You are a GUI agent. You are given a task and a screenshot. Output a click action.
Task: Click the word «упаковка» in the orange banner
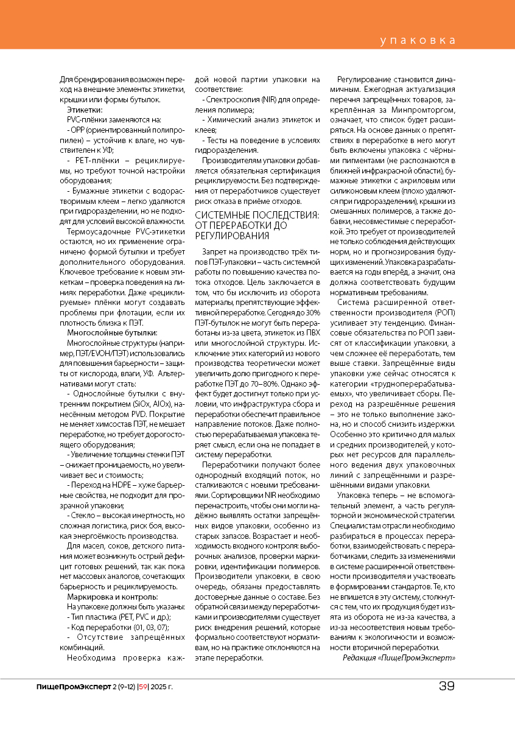[418, 41]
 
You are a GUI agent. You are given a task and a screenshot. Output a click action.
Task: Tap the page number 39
[447, 687]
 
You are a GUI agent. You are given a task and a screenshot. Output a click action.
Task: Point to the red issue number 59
[144, 687]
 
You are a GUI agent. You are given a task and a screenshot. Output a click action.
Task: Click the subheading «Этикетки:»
[85, 110]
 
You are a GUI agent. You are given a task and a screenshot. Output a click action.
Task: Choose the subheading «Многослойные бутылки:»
[112, 332]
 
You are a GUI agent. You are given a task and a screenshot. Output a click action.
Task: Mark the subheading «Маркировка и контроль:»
[113, 597]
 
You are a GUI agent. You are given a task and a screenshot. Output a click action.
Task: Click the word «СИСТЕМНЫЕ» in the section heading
[222, 216]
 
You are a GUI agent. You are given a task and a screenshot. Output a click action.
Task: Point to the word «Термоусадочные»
[99, 232]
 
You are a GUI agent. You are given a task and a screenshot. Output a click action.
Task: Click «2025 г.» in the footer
[161, 687]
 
